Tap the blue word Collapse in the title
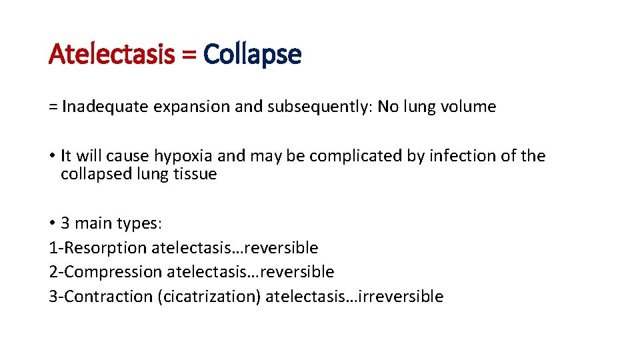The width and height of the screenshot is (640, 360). point(253,54)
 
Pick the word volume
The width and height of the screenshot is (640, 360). point(469,107)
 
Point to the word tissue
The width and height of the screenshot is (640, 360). point(195,174)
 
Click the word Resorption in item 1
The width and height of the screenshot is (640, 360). point(103,248)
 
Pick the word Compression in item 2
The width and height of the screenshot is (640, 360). point(114,272)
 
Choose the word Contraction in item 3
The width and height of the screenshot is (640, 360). point(108,297)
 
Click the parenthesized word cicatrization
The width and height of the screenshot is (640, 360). point(209,297)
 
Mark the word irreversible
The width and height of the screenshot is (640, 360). point(400,297)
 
